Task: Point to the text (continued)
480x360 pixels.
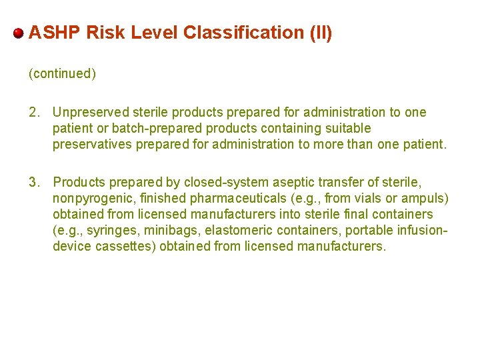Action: (x=62, y=74)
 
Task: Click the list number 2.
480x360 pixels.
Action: (x=34, y=112)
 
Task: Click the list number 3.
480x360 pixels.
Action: (x=34, y=182)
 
